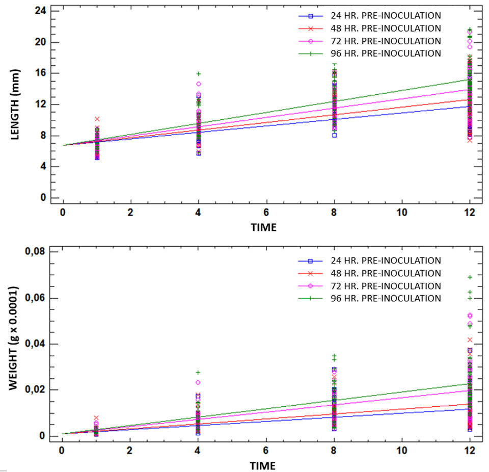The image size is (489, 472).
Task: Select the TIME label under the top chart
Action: click(263, 227)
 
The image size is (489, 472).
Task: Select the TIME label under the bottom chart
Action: click(263, 465)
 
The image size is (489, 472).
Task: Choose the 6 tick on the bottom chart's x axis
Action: click(266, 451)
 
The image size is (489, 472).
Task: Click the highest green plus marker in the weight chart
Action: click(469, 277)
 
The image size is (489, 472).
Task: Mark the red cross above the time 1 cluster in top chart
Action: click(97, 119)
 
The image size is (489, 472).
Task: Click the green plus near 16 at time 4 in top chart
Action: click(198, 74)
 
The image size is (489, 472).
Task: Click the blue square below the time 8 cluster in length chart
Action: click(334, 135)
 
